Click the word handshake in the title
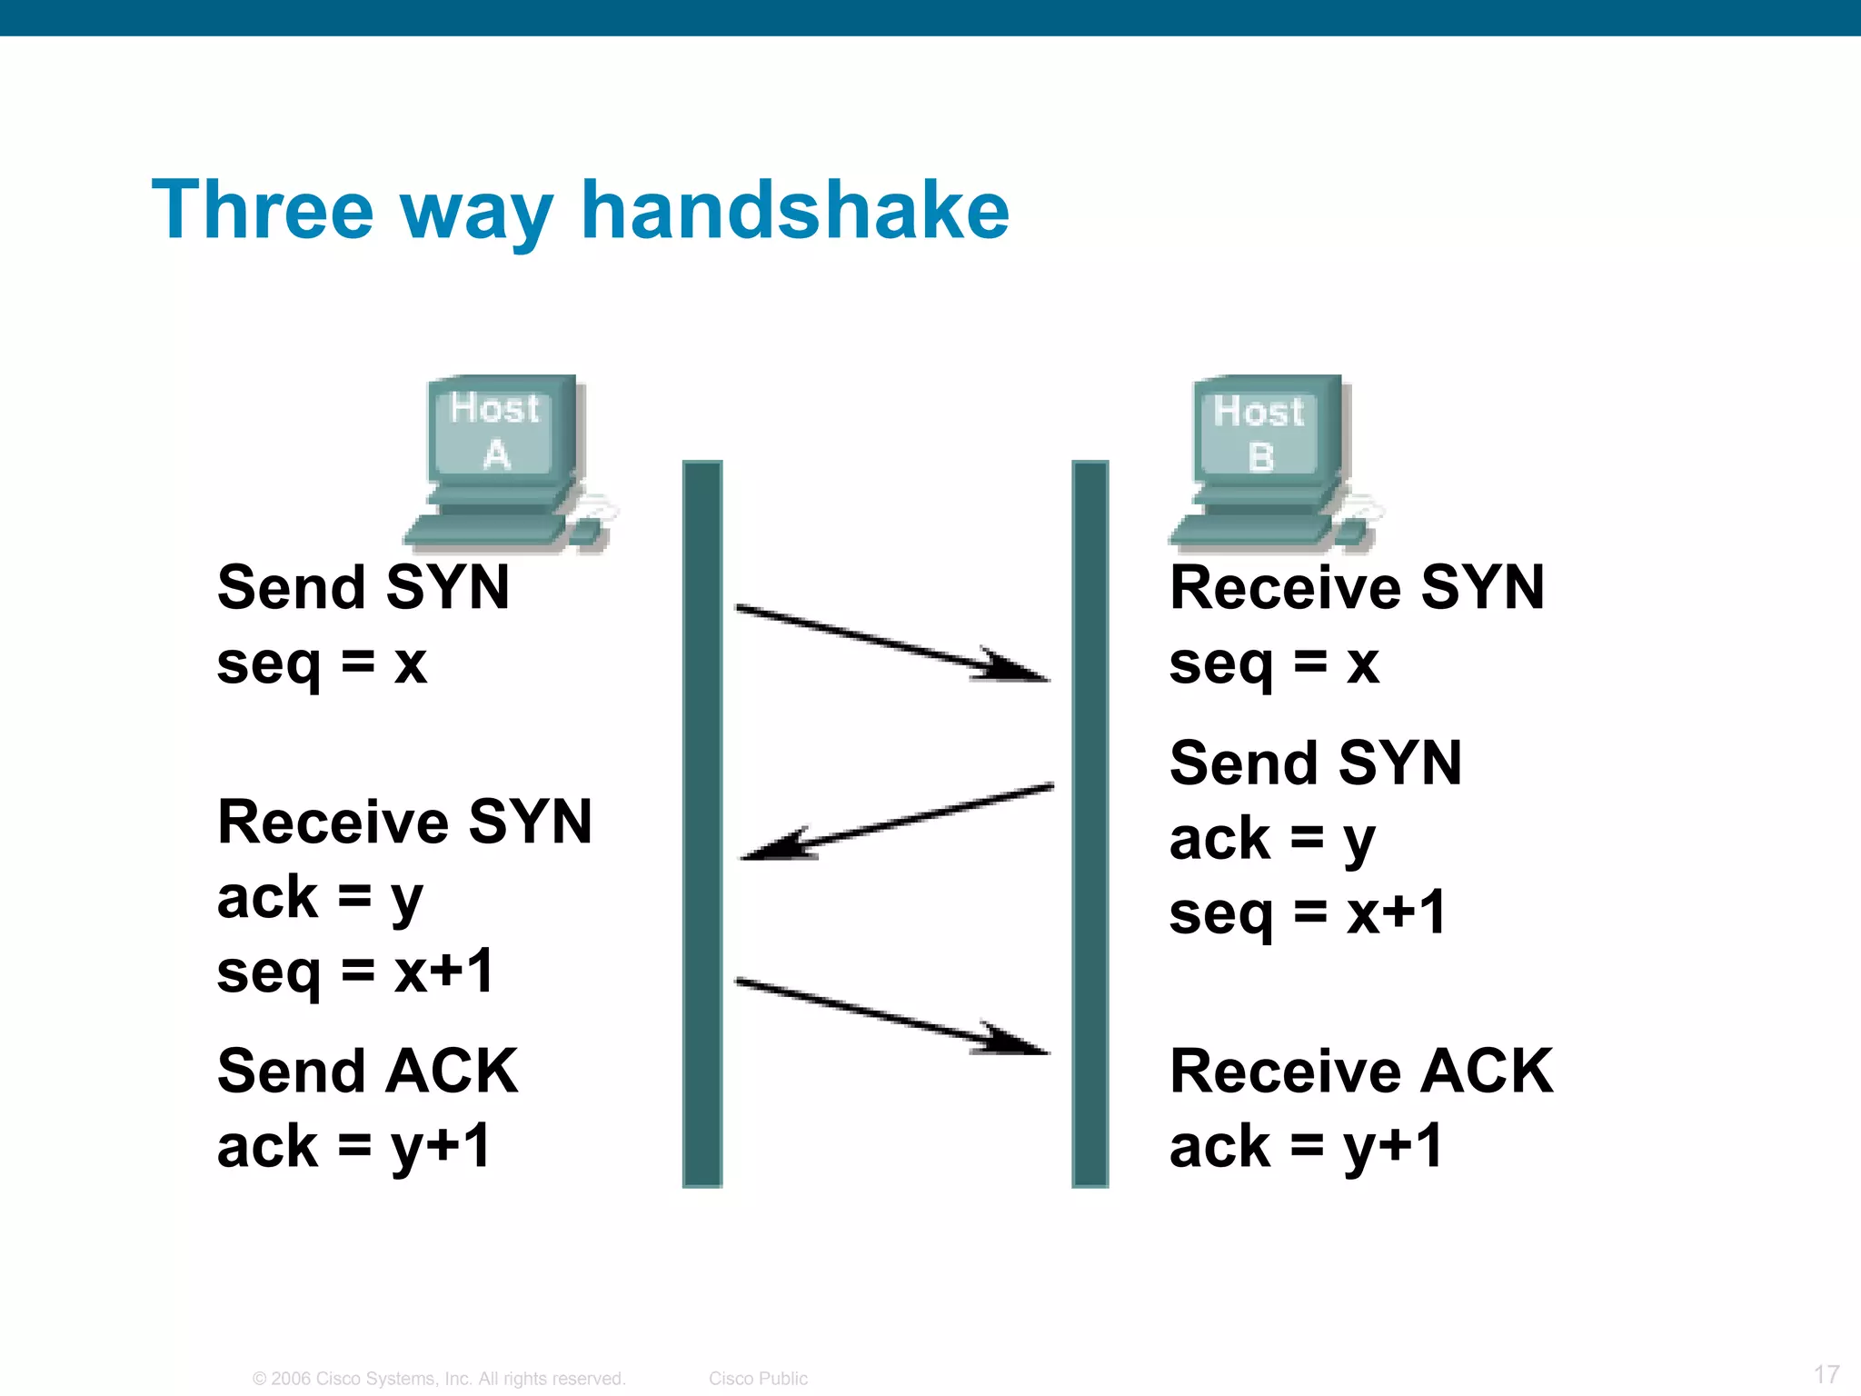pos(794,211)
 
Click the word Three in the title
pos(263,211)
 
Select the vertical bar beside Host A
pos(702,823)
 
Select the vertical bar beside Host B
pos(1090,823)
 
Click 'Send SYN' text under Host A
pos(363,587)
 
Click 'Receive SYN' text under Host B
pos(1357,587)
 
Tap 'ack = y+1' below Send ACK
pos(354,1147)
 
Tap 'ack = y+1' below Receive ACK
pos(1306,1147)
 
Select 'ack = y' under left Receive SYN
pos(320,898)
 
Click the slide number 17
pos(1826,1373)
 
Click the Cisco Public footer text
pos(758,1378)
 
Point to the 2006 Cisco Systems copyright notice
pos(439,1378)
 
